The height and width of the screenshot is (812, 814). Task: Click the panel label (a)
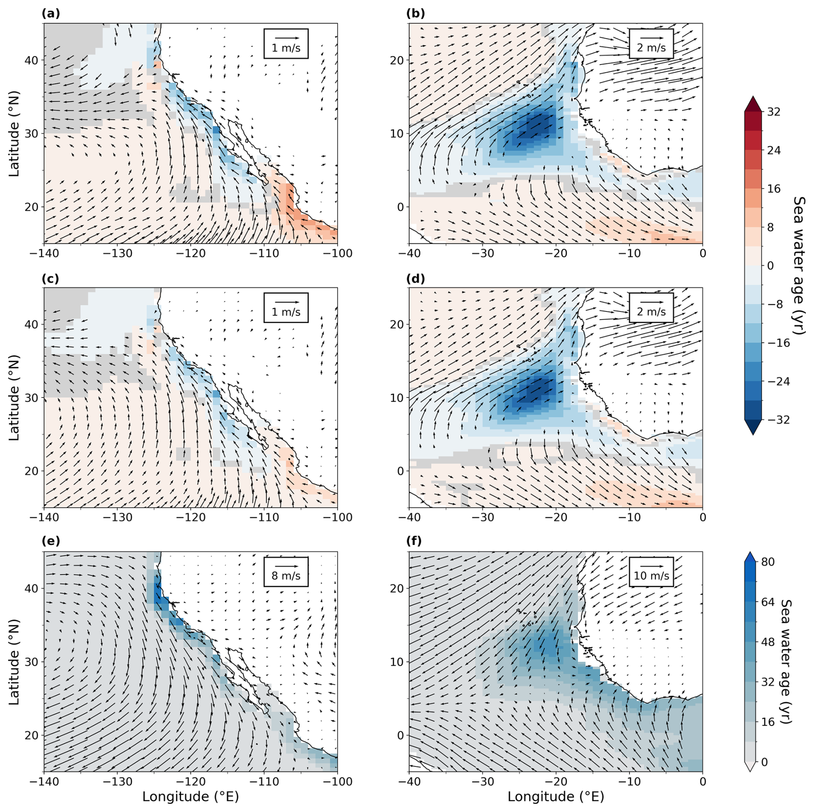coord(51,14)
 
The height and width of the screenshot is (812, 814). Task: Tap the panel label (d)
coord(415,279)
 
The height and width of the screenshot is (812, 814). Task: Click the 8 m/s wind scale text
coord(286,575)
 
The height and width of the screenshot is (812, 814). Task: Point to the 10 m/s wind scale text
coord(651,575)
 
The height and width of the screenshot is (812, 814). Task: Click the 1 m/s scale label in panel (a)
coord(286,48)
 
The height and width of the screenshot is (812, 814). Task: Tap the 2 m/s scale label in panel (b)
coord(651,48)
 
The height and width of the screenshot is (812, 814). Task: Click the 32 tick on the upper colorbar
coord(774,112)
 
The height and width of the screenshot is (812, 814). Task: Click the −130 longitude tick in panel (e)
coord(117,781)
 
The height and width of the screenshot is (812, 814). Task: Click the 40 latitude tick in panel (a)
coord(31,60)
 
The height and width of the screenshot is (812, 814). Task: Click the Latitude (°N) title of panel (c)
coord(14,397)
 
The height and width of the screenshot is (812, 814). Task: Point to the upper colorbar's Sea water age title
coord(798,265)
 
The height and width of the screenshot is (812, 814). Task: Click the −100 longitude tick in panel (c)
coord(337,517)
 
